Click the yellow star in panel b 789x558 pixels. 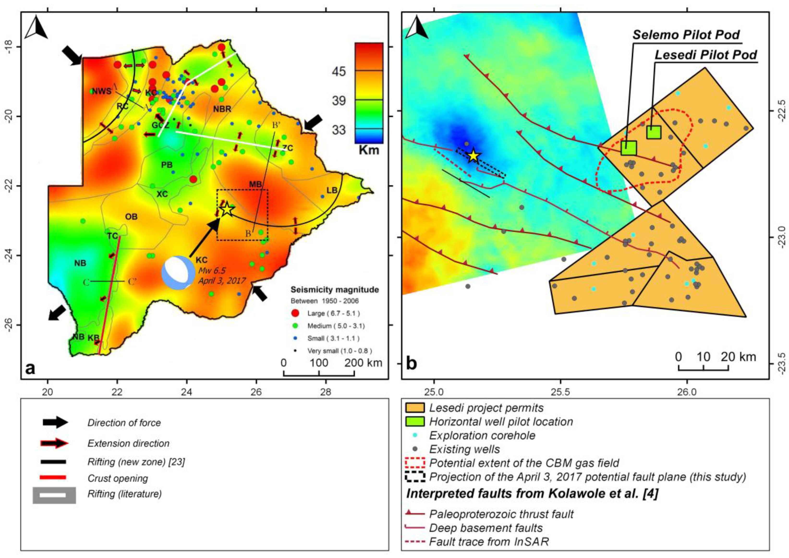[x=473, y=156]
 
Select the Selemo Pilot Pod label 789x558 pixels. [x=686, y=35]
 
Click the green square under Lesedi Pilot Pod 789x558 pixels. [x=654, y=132]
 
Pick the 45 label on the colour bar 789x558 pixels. [x=339, y=72]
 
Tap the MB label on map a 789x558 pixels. [x=255, y=184]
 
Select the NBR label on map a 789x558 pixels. [x=222, y=109]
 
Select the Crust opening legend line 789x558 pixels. [x=53, y=477]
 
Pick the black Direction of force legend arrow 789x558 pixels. [x=55, y=422]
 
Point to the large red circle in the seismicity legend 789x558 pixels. [x=295, y=313]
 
